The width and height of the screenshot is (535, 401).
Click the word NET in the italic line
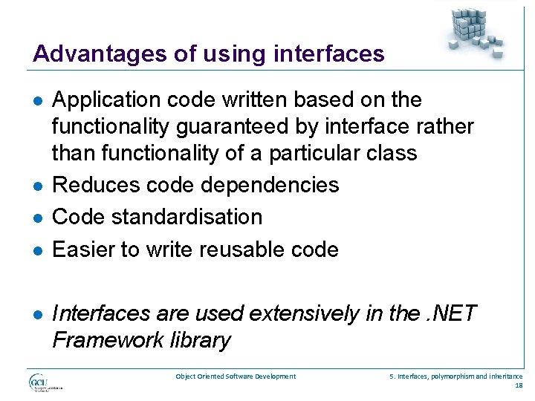pyautogui.click(x=454, y=313)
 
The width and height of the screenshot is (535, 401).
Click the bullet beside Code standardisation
pyautogui.click(x=37, y=218)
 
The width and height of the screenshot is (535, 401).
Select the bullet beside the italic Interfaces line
pyautogui.click(x=37, y=314)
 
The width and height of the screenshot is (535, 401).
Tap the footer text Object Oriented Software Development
pyautogui.click(x=236, y=376)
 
